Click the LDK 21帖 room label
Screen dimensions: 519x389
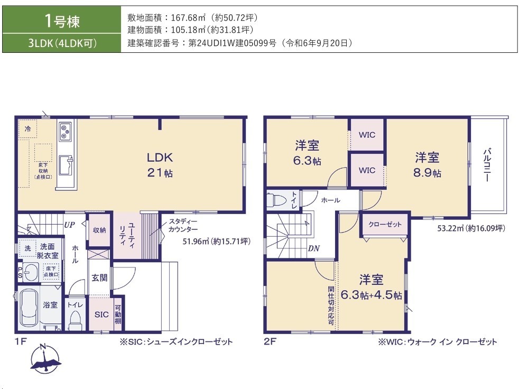(x=160, y=164)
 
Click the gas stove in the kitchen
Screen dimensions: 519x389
(x=65, y=132)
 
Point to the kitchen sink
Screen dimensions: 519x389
(x=66, y=165)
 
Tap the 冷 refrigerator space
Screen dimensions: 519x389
(x=27, y=128)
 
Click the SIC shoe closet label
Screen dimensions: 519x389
(x=101, y=314)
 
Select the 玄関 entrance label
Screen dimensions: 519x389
(x=99, y=278)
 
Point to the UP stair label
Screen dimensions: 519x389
(x=69, y=225)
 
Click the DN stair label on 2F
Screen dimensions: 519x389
(x=313, y=248)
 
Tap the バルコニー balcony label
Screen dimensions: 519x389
(x=487, y=165)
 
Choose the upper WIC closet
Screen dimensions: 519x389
(x=367, y=135)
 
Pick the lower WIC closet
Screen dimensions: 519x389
(x=367, y=170)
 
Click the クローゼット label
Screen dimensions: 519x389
(x=385, y=224)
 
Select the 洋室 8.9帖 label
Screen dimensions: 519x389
(x=427, y=164)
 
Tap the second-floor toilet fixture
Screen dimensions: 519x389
(x=276, y=200)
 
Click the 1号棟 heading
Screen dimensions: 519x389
(x=62, y=21)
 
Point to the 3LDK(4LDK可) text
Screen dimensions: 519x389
(x=62, y=43)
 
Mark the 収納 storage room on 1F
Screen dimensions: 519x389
(x=99, y=230)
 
